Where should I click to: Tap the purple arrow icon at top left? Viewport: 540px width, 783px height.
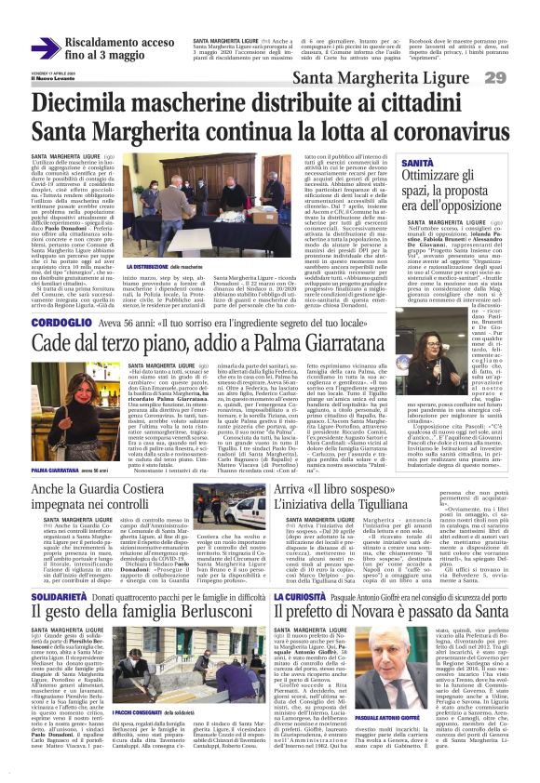point(46,47)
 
